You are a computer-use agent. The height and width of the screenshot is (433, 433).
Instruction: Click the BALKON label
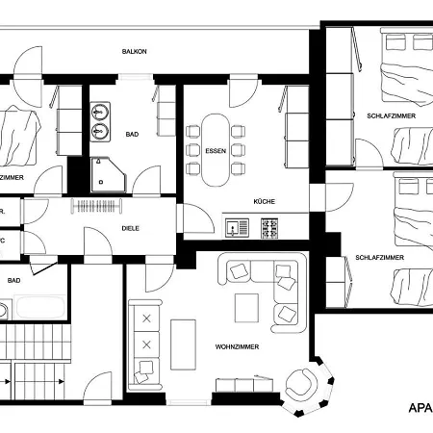coord(134,51)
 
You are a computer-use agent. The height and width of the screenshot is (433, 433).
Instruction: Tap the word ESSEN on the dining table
coord(216,152)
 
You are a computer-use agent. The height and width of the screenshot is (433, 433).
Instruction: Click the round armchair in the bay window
coord(299,387)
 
